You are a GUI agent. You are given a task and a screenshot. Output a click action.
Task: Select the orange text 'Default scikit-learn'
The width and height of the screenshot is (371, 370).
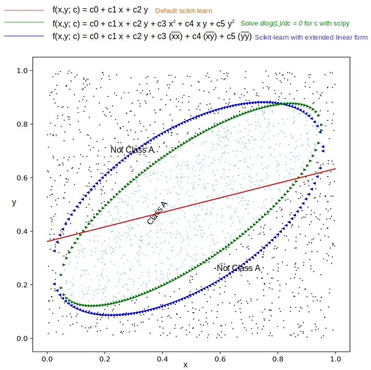[183, 10]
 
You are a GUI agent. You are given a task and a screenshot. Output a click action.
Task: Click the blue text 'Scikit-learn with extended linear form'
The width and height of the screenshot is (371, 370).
[311, 37]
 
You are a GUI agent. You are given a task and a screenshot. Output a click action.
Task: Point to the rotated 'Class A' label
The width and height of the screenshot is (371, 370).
[157, 214]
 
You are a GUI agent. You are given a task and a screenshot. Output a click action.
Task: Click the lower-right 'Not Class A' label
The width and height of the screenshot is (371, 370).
[238, 268]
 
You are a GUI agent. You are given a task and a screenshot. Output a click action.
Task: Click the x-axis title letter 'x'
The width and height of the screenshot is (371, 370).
[185, 365]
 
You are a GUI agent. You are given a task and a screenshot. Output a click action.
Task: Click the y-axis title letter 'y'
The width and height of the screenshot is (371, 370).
[14, 202]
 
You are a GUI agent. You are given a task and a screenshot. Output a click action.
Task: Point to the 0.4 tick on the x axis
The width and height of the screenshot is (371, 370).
[163, 359]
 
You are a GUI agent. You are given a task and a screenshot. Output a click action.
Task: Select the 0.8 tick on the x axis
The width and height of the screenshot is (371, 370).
[278, 359]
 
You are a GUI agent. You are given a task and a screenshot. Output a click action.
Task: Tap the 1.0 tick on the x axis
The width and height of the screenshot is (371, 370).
[335, 359]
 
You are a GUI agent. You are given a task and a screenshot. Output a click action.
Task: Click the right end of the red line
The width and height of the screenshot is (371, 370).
[335, 169]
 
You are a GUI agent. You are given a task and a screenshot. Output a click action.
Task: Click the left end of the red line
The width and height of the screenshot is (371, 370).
[47, 241]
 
